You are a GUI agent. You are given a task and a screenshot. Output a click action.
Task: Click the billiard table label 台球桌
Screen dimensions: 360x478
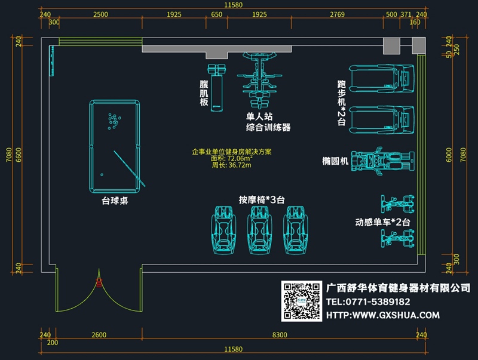coord(115,202)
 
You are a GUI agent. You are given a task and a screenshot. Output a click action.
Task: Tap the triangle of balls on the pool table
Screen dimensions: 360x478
coord(113,121)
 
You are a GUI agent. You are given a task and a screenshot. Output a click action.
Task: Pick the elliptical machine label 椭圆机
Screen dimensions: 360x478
coord(334,161)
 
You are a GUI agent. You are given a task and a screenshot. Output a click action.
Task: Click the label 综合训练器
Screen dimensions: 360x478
coord(268,127)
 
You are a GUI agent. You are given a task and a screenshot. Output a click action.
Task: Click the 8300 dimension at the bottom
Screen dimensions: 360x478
coord(280,335)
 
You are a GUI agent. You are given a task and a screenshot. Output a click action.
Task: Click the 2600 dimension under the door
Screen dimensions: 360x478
coord(99,335)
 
